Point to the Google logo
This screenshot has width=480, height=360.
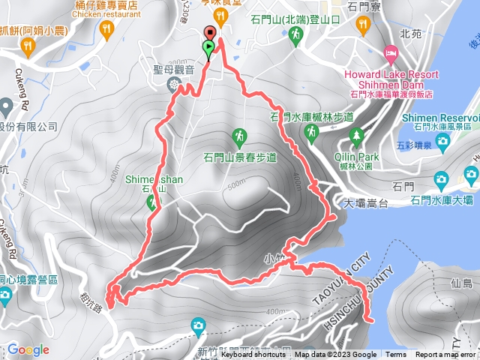28,349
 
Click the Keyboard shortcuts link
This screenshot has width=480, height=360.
254,355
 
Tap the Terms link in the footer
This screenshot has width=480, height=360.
396,355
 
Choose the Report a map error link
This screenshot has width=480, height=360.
445,355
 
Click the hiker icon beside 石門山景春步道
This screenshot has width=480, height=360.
238,136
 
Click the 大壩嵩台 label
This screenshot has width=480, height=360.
364,202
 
